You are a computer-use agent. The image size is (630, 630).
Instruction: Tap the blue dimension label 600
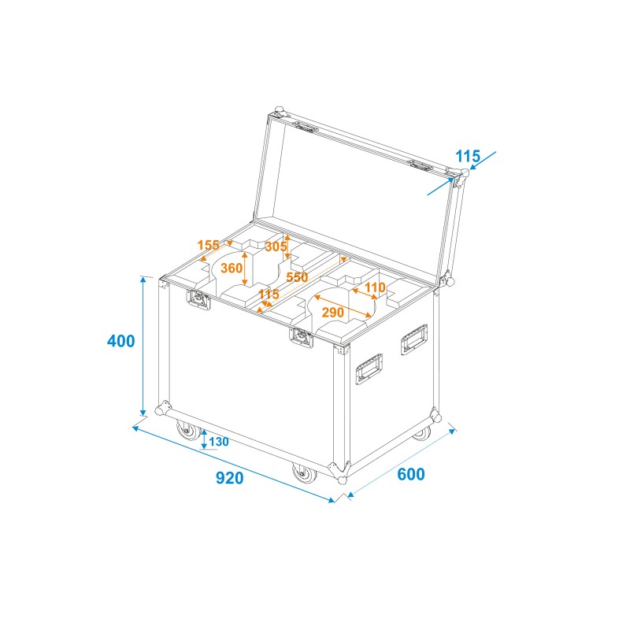pos(410,474)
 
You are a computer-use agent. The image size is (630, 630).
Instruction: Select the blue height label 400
pos(121,342)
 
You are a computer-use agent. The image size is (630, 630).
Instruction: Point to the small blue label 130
pos(219,442)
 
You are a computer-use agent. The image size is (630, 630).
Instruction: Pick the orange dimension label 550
pos(297,277)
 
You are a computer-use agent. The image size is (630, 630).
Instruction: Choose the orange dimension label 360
pos(232,268)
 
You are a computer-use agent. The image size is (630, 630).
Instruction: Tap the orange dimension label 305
pos(276,246)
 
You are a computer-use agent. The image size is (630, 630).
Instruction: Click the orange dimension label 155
pos(209,245)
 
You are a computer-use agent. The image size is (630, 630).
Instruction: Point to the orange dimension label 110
pos(376,287)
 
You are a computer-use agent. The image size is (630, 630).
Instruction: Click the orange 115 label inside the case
pos(269,295)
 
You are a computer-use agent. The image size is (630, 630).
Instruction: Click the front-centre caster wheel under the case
pos(303,474)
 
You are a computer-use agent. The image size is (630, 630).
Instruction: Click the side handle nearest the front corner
pos(369,369)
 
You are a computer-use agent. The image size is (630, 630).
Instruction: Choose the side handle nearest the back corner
pos(413,341)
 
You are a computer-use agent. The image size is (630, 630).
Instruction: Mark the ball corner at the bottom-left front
pos(163,410)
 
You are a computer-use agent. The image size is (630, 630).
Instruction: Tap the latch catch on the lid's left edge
pos(306,126)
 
